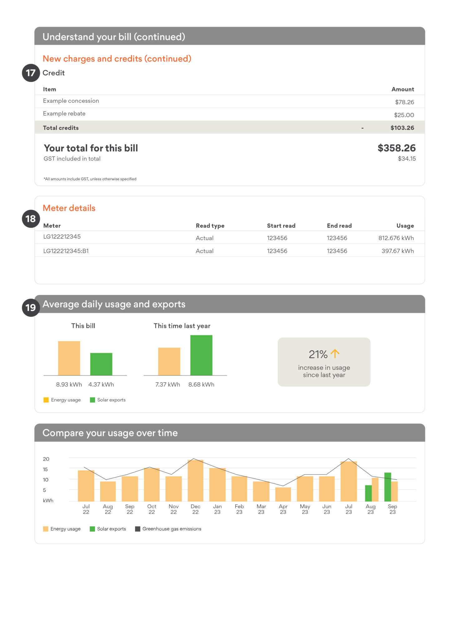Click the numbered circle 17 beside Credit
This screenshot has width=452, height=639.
tap(31, 73)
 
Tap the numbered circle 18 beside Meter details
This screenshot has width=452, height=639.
tap(31, 219)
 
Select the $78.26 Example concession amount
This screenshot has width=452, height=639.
tap(405, 102)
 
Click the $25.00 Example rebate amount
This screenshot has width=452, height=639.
tap(404, 115)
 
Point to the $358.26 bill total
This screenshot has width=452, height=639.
tap(396, 148)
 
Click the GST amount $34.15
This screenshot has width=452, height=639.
tap(407, 159)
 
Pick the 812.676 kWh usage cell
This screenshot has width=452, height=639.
tap(396, 238)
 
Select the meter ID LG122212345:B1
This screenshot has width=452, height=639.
tap(66, 251)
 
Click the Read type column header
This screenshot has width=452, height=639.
tap(210, 226)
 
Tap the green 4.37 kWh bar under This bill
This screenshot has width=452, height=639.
tap(101, 364)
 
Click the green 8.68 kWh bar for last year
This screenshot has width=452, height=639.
tap(201, 355)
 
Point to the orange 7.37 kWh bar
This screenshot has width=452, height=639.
tap(169, 361)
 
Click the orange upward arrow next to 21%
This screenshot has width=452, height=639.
tap(335, 354)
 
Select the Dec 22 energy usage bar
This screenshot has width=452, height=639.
tap(195, 480)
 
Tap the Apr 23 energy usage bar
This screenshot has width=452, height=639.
tap(283, 494)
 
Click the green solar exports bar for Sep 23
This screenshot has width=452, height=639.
tap(388, 487)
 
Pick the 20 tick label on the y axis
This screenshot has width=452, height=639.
tap(46, 459)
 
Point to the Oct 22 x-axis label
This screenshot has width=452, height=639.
tap(152, 509)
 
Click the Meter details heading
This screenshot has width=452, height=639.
tap(69, 208)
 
